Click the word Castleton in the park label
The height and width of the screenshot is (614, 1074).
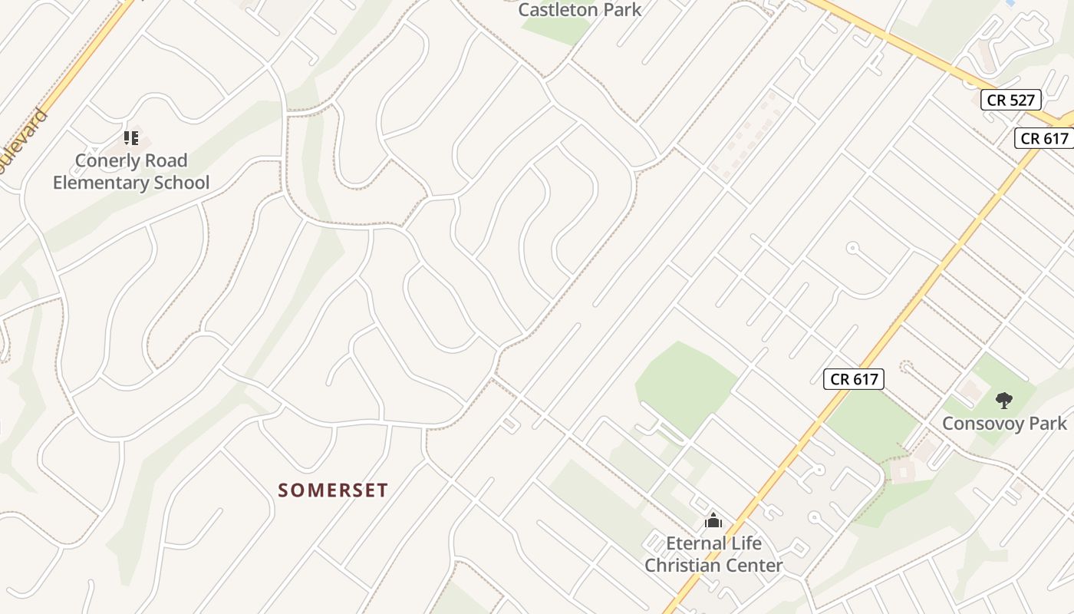(558, 10)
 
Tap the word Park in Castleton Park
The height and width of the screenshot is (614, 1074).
(621, 10)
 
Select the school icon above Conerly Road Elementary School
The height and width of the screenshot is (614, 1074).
(131, 138)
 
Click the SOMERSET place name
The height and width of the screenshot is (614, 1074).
(333, 490)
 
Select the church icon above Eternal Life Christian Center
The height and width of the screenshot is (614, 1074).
(713, 521)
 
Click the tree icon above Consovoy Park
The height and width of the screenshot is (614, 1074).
(1003, 400)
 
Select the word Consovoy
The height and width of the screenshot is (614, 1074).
(985, 424)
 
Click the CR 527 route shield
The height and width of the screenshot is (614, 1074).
(1011, 100)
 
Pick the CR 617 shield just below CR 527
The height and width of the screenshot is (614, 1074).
(1045, 138)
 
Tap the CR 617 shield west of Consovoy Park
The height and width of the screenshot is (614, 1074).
(854, 379)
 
